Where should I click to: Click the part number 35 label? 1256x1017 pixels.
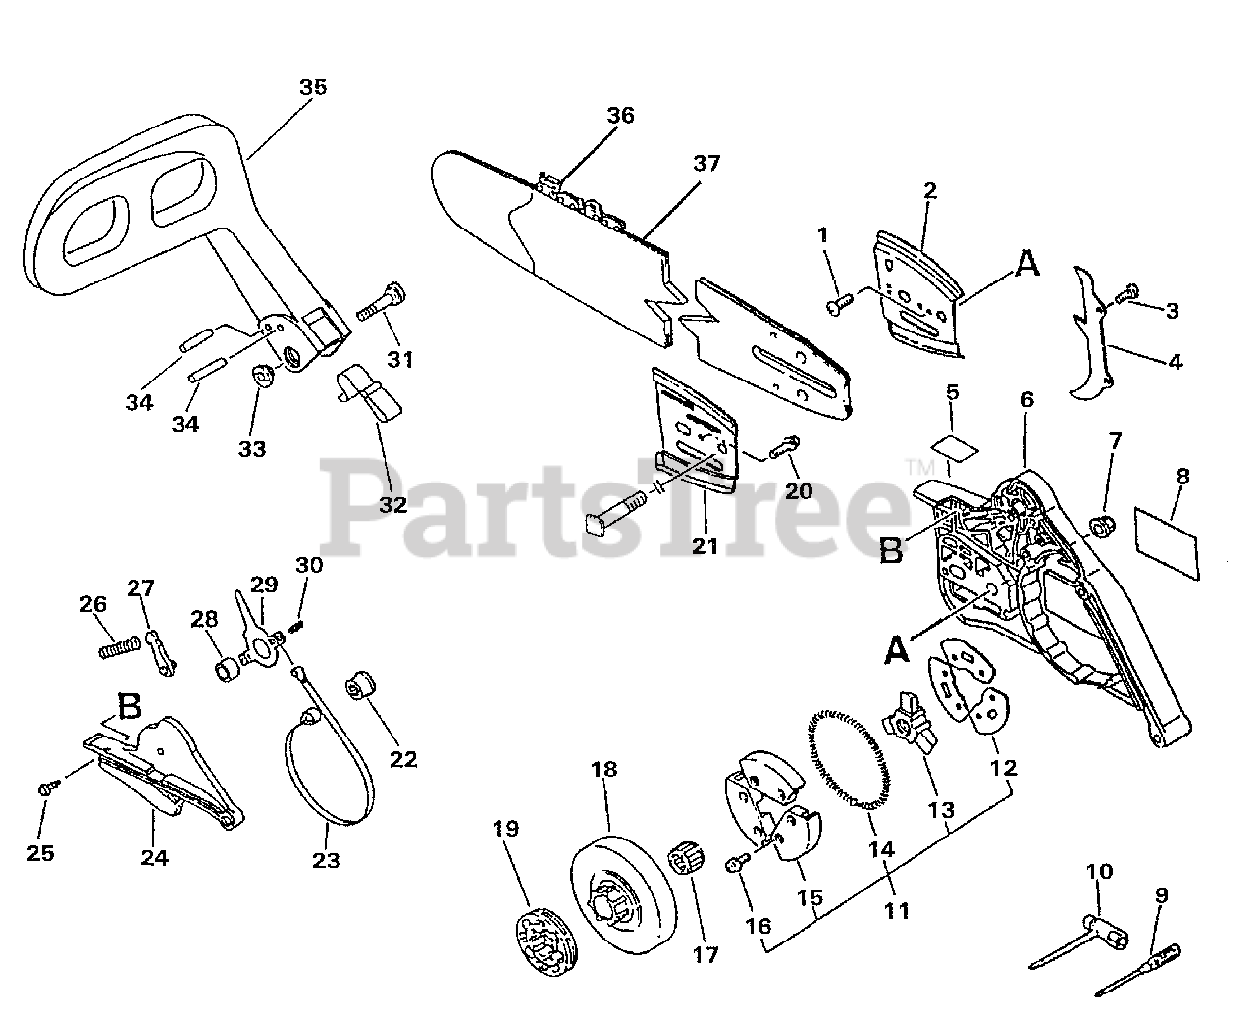[313, 87]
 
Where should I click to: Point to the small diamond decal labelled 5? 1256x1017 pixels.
[955, 447]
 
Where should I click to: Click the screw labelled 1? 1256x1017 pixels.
[837, 307]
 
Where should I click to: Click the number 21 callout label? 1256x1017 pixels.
[705, 545]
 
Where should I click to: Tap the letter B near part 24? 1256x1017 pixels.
[131, 706]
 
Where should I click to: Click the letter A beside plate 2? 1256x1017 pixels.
[1026, 264]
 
